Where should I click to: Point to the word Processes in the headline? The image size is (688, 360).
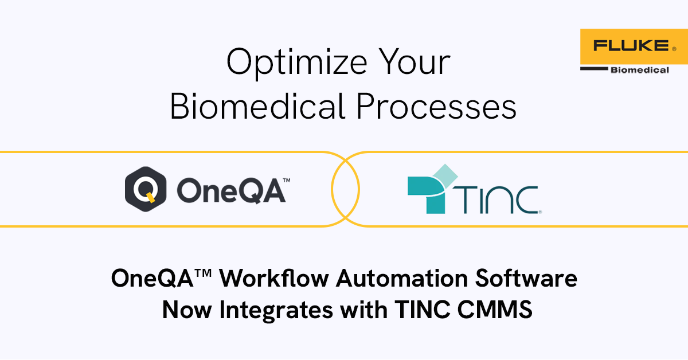click(436, 107)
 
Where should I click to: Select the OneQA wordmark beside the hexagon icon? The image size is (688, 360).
click(230, 191)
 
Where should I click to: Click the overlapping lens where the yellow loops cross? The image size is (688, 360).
click(345, 189)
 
